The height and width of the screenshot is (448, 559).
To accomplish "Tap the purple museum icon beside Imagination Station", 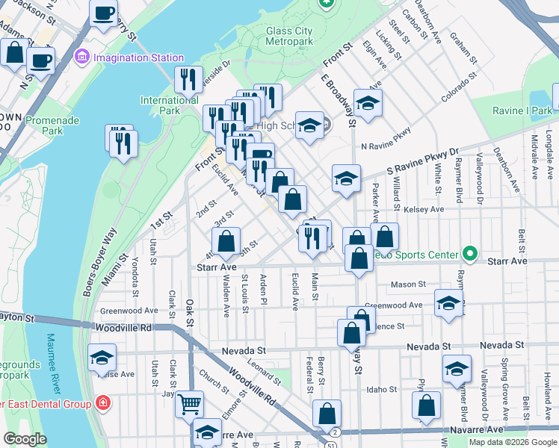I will [82, 57].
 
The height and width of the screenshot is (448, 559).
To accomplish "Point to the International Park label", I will [170, 105].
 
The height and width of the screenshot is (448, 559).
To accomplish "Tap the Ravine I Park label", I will [522, 111].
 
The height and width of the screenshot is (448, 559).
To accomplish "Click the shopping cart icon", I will [190, 404].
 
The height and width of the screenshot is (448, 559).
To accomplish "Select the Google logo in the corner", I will [25, 439].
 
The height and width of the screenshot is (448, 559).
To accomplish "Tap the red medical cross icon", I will [102, 404].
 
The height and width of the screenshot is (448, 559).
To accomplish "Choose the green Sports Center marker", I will [469, 255].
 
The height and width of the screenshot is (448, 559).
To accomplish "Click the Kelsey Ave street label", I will [424, 210].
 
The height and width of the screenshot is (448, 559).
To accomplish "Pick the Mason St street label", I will [408, 284].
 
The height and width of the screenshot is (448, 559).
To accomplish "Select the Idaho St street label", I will [382, 389].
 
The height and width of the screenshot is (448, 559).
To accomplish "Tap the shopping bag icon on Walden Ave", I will [226, 241].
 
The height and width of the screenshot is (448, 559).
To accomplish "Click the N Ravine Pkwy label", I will [386, 147].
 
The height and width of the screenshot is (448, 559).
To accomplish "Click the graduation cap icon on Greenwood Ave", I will [448, 303].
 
